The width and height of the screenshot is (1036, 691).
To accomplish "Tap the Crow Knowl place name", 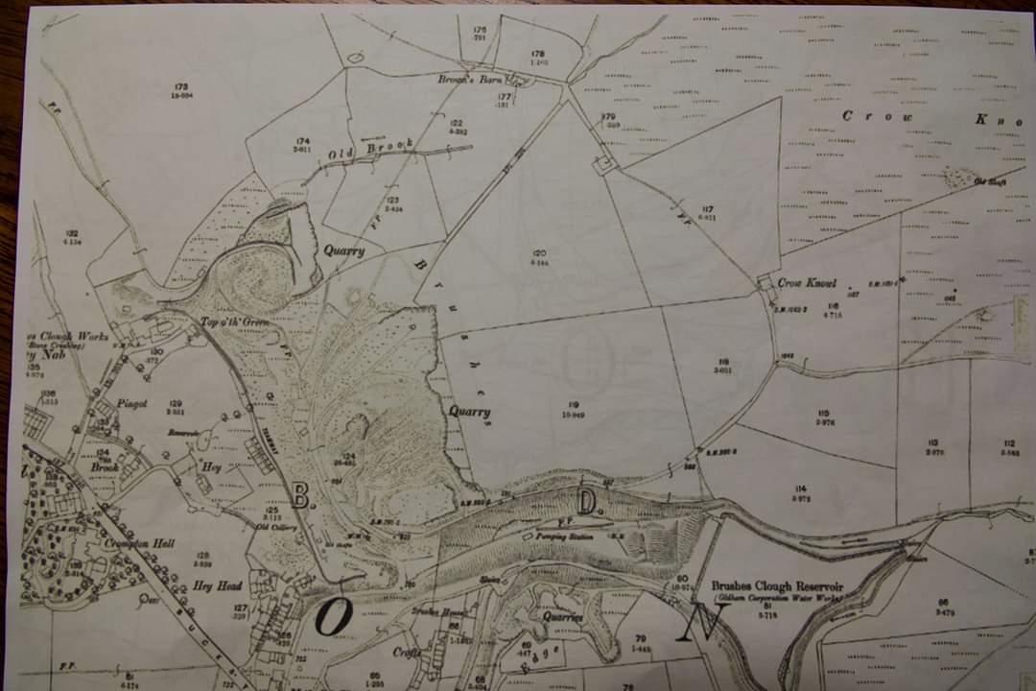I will (x=807, y=283).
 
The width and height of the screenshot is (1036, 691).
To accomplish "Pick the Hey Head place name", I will (x=217, y=585).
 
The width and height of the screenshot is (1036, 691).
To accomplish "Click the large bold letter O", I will (x=333, y=619).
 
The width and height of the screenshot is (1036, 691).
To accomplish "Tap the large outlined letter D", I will (x=587, y=501).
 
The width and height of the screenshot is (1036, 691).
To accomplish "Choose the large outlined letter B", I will (x=299, y=495).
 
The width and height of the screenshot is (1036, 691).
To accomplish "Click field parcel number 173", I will (x=181, y=87).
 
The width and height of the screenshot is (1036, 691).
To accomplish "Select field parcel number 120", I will (x=540, y=253).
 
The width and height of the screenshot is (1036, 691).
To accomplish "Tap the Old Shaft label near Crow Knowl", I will (x=988, y=181).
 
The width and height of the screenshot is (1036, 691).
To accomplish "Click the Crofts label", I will (x=407, y=651).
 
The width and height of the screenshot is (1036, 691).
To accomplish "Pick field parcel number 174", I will (x=302, y=142).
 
